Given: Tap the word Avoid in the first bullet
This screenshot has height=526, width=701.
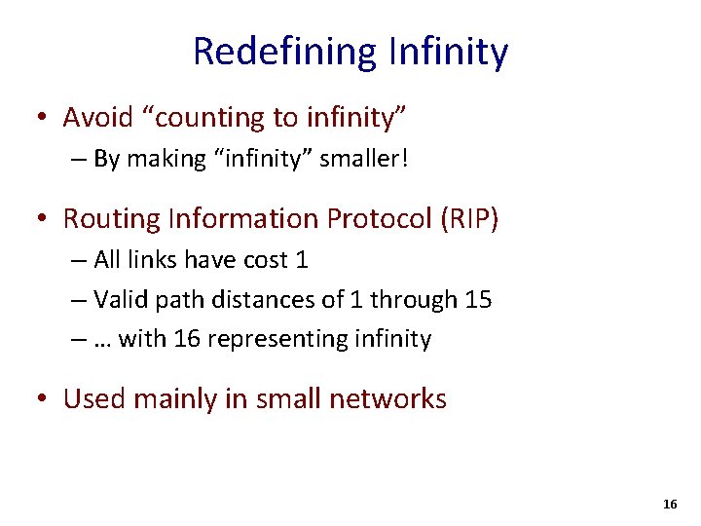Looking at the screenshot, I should click(97, 118).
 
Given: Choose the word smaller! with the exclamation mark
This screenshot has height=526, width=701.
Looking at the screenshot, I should click(364, 159).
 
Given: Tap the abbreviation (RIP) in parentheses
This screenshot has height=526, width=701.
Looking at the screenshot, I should click(469, 218).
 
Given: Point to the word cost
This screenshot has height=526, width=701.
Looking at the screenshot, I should click(261, 260).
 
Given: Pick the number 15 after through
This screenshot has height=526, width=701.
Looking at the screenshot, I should click(478, 299).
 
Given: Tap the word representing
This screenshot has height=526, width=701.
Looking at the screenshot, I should click(277, 339).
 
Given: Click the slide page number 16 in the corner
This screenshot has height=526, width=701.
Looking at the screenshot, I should click(670, 505).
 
